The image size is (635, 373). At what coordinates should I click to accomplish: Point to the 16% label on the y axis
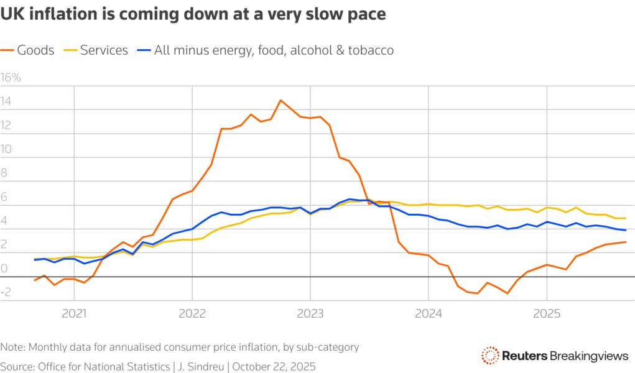tap(11, 78)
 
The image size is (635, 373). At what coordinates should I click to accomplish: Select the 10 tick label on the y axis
tap(6, 149)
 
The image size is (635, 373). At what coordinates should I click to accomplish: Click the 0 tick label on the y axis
tap(4, 269)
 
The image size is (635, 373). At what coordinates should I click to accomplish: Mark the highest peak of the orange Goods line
tap(280, 100)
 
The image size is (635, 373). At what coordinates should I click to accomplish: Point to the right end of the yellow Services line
tap(625, 218)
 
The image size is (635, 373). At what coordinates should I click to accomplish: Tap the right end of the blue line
tap(625, 231)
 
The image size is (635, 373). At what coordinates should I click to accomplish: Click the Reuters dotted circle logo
tap(490, 356)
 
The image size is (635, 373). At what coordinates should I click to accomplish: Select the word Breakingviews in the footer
tap(589, 356)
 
